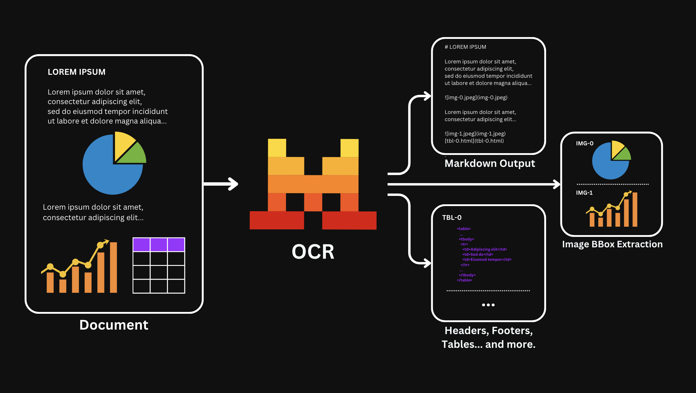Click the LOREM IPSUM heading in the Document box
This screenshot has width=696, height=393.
point(77,72)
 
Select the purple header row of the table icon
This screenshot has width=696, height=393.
point(159,245)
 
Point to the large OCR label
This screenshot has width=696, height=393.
point(313,252)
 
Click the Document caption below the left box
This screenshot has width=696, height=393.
point(114,325)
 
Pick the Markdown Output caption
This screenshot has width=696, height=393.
point(490,164)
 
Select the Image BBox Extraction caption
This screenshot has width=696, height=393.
point(612,244)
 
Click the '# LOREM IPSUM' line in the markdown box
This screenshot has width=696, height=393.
point(465,47)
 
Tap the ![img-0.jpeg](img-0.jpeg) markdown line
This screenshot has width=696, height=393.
point(476,98)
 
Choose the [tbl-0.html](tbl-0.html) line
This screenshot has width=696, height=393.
point(474,141)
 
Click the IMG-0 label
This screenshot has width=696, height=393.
point(585,144)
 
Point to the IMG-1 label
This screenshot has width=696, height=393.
point(584,193)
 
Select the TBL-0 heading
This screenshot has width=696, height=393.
point(452,218)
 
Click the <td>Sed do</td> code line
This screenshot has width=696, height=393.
point(478,255)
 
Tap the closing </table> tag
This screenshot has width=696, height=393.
point(464,280)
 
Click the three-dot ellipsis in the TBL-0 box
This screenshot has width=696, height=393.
point(488,305)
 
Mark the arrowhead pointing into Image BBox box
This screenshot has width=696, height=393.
point(557,184)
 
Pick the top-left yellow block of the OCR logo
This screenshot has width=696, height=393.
point(277,148)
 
